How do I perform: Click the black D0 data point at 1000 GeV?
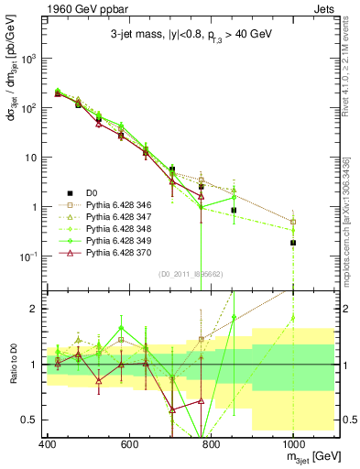(x=292, y=243)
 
